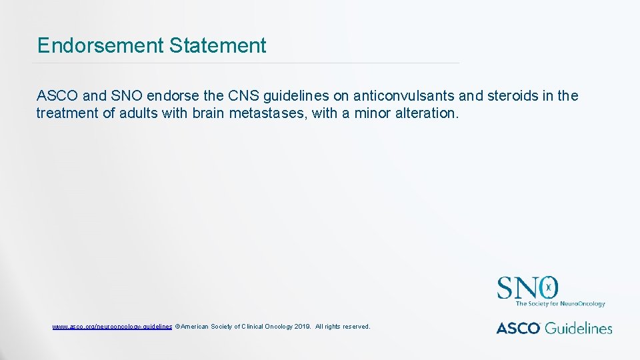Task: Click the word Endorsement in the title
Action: coord(101,45)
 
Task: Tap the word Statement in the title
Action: coord(217,45)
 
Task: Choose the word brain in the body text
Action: coord(209,113)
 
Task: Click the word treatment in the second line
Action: coord(67,113)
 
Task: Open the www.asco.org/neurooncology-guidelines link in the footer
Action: coord(112,327)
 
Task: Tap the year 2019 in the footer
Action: coord(302,327)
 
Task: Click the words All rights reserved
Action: coord(343,327)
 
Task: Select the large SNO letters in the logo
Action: coord(527,288)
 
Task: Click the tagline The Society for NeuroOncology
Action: coord(560,304)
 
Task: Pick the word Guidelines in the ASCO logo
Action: coord(578,328)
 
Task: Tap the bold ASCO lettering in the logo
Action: coord(518,328)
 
